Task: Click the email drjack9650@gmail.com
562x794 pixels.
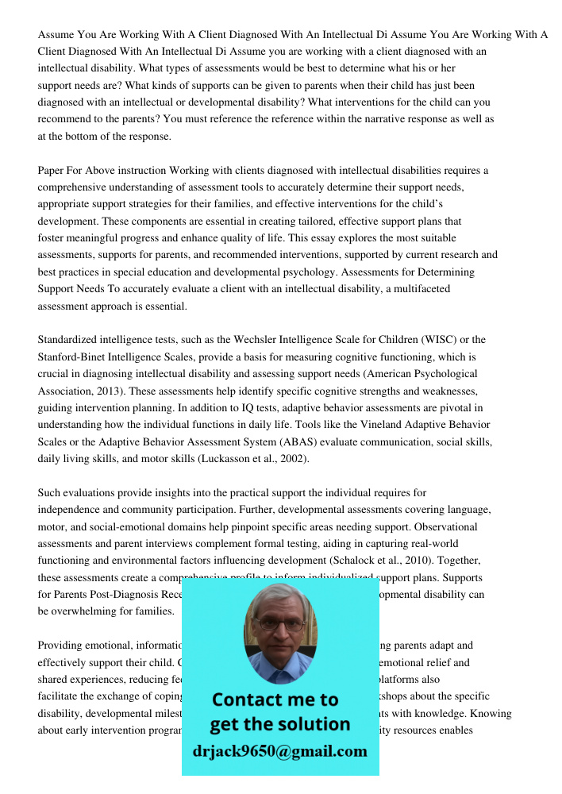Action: tap(279, 751)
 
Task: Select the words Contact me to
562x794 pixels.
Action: tap(275, 700)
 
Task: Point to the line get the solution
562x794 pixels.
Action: tap(279, 724)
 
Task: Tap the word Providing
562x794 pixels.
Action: tap(62, 646)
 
